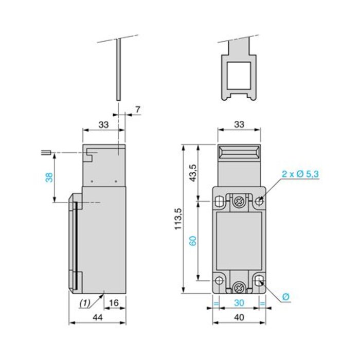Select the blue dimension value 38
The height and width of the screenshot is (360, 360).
click(49, 177)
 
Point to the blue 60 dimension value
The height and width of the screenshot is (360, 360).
click(192, 241)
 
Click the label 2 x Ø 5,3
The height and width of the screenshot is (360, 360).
click(300, 174)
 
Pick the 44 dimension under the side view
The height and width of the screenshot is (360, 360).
click(97, 318)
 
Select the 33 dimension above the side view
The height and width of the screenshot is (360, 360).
click(103, 124)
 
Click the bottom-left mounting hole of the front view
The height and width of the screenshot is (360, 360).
click(219, 280)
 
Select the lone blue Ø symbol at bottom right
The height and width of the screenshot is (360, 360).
click(285, 297)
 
